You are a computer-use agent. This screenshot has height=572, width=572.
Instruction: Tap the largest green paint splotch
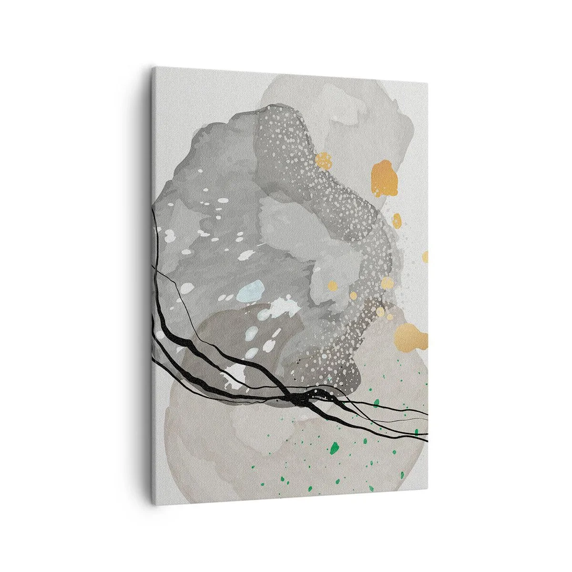tap(335, 447)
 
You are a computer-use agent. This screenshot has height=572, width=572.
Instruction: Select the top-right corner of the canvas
tap(427, 82)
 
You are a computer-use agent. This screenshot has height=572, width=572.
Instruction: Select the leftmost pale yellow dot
tap(332, 286)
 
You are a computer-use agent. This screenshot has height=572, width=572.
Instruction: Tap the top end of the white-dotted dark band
tap(281, 113)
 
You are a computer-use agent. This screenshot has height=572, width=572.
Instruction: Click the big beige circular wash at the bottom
tap(286, 458)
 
